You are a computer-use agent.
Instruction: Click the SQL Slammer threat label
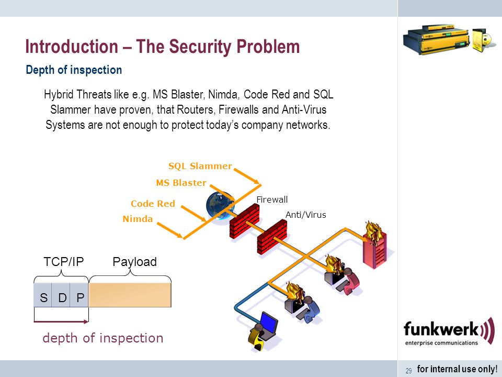(x=200, y=166)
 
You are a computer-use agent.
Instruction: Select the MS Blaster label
(x=181, y=183)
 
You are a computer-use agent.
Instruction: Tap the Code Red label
(x=153, y=204)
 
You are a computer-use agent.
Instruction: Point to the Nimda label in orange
(x=138, y=219)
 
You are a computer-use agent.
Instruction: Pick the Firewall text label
(x=272, y=199)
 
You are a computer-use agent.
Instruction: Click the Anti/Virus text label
(x=306, y=215)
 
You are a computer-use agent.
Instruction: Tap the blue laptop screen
(x=269, y=323)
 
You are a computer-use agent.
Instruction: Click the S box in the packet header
(x=43, y=295)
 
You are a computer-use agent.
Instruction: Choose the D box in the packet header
(x=61, y=295)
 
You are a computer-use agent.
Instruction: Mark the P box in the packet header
(x=79, y=295)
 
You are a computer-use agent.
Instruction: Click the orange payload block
(x=130, y=295)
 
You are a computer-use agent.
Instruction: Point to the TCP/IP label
(x=64, y=262)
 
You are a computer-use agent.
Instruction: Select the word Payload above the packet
(x=135, y=262)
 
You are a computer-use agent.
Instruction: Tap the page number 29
(x=409, y=371)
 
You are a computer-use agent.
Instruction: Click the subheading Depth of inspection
(x=74, y=70)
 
